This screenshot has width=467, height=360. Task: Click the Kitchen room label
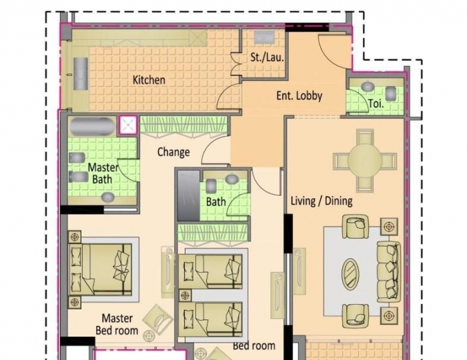pos(149,80)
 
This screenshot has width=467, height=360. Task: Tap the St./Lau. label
pos(267,58)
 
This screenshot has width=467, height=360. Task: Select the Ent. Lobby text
pos(299,95)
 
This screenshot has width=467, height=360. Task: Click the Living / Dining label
pos(322,201)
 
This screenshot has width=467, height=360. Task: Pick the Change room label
pos(173,152)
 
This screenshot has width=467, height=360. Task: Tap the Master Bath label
pos(103,173)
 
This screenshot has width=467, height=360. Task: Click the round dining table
pos(365,160)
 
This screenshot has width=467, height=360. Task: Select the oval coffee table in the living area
pos(350,273)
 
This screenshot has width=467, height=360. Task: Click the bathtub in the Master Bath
pos(93,126)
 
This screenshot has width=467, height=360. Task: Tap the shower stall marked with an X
pos(127,125)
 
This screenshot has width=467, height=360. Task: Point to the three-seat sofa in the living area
pos(388,271)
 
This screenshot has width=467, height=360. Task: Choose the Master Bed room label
pos(117,324)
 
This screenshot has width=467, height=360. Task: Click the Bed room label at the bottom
pos(254,346)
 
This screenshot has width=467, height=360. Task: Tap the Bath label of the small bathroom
pos(215,201)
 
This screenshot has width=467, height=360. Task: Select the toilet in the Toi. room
pos(368,87)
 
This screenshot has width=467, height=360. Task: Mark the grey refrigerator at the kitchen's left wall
pos(81,73)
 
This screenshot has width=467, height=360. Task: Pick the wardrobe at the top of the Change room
pos(182,125)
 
